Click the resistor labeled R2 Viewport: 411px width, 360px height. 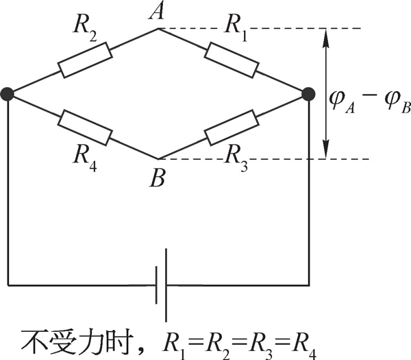84,60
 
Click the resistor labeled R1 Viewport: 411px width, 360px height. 232,60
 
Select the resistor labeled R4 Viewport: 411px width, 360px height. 84,127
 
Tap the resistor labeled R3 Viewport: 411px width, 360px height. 232,127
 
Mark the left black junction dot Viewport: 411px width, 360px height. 8,93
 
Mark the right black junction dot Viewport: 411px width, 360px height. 308,93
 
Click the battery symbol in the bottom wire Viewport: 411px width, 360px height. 161,284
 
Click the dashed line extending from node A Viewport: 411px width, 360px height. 274,28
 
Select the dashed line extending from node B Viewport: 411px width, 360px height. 274,159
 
